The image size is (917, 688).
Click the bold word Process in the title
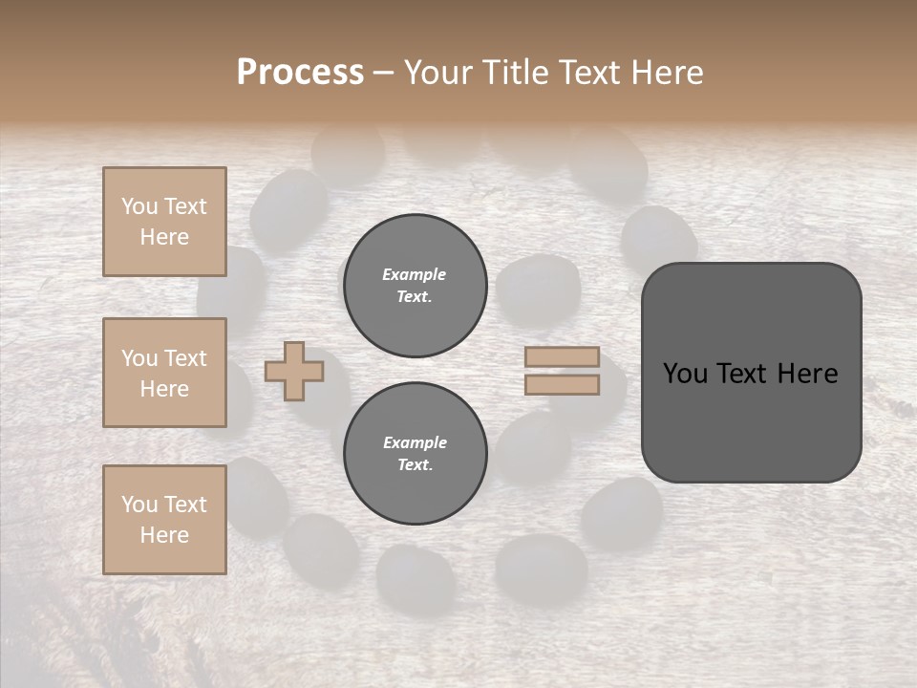pos(300,73)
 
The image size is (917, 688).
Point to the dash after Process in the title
pos(383,74)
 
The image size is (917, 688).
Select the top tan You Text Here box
pos(164,222)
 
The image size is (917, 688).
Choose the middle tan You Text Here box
pos(164,373)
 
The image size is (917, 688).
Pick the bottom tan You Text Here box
pos(164,520)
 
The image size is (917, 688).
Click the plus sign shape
pos(294,371)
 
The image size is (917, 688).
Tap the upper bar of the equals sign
pos(562,356)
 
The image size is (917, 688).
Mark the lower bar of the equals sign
pos(562,384)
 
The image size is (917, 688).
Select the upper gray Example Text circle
pos(416,286)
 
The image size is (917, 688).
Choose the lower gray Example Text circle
pos(416,454)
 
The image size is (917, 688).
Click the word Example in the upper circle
pos(415,274)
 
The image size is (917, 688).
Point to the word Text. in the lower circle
pos(415,465)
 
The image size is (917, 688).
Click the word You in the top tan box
pos(139,206)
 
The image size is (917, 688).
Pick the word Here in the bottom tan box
pos(164,535)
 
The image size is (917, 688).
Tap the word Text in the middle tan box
pos(184,358)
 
